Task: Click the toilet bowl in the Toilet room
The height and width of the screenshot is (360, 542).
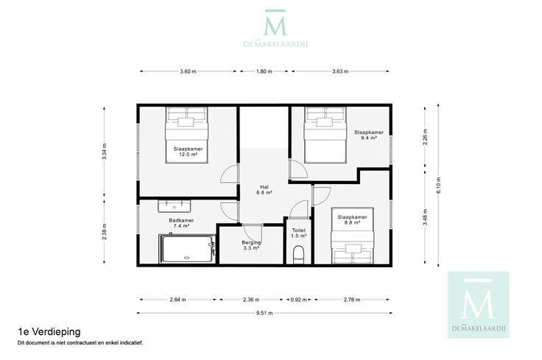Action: pyautogui.click(x=298, y=255)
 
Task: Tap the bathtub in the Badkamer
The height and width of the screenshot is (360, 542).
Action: pyautogui.click(x=187, y=249)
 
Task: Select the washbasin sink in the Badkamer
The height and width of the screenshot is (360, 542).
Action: pyautogui.click(x=175, y=206)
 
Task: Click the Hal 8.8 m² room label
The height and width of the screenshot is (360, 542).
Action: pyautogui.click(x=264, y=190)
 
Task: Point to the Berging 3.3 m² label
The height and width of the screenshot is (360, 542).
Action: pyautogui.click(x=251, y=245)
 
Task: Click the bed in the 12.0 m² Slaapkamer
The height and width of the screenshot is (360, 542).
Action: pyautogui.click(x=186, y=135)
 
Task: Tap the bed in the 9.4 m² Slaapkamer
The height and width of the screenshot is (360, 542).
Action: pyautogui.click(x=325, y=135)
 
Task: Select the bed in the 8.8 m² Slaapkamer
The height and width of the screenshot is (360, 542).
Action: pyautogui.click(x=352, y=236)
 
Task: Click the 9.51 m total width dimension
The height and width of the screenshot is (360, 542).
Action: pyautogui.click(x=264, y=314)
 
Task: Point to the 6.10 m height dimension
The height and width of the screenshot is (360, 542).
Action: pyautogui.click(x=438, y=186)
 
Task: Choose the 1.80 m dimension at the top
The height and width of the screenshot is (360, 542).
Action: pyautogui.click(x=264, y=71)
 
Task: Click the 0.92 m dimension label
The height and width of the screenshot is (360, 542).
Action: pyautogui.click(x=298, y=300)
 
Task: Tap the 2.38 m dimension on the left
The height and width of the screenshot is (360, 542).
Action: pyautogui.click(x=105, y=232)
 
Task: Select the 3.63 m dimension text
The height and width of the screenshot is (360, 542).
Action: pyautogui.click(x=340, y=71)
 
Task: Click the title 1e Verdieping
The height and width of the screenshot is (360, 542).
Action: pyautogui.click(x=49, y=332)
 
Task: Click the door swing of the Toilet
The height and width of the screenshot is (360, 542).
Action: pyautogui.click(x=298, y=209)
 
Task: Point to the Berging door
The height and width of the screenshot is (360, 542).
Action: pyautogui.click(x=252, y=233)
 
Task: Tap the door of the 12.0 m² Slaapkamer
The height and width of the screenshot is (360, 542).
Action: pyautogui.click(x=230, y=174)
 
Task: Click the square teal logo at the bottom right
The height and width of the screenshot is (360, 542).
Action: pyautogui.click(x=479, y=305)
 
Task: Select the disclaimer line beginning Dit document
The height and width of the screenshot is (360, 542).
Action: pyautogui.click(x=80, y=343)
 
